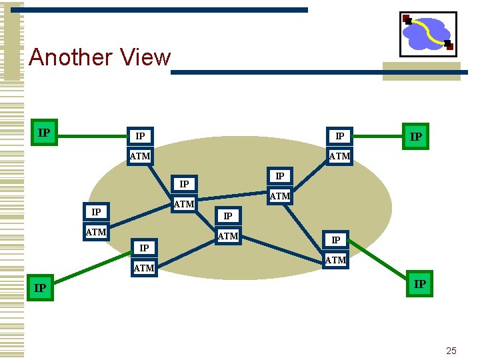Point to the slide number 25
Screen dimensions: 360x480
(451, 350)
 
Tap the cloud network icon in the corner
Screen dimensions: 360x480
(427, 33)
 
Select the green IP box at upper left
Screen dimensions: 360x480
(45, 132)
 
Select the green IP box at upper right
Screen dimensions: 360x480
(415, 137)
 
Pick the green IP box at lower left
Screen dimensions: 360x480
(40, 288)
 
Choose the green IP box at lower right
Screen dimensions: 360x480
(419, 284)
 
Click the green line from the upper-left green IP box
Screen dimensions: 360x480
(90, 136)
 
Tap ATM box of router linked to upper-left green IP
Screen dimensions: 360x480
(140, 156)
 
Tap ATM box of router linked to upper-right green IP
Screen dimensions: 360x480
(339, 156)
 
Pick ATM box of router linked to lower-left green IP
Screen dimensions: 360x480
(144, 268)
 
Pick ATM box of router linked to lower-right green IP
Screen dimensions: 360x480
(335, 260)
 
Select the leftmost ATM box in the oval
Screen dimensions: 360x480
(96, 232)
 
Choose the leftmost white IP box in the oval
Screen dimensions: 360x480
(96, 212)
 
